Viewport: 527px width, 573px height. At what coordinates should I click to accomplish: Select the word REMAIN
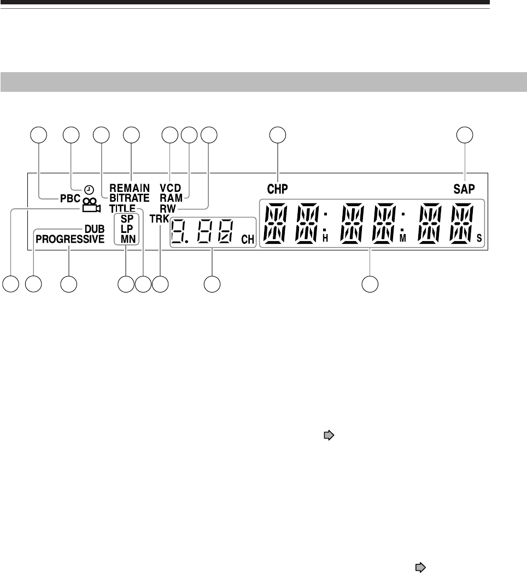(129, 188)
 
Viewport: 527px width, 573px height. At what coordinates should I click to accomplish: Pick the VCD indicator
(171, 188)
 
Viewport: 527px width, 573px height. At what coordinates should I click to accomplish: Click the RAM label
(171, 198)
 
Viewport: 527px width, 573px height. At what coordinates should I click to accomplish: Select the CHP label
(278, 189)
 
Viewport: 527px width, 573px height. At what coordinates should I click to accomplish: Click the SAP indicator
(465, 189)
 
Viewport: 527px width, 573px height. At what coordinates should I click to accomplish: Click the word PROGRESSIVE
(69, 239)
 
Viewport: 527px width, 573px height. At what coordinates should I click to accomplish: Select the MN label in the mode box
(126, 238)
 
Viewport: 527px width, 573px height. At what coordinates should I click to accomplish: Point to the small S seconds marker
(479, 238)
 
